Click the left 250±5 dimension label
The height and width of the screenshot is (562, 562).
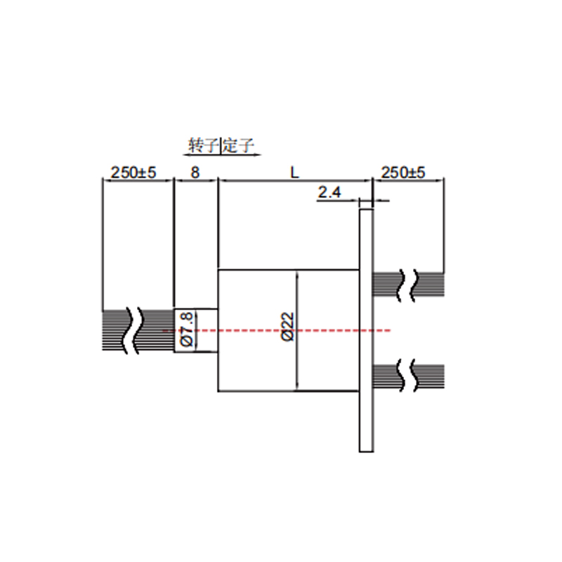[133, 172]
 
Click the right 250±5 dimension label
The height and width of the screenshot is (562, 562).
[403, 172]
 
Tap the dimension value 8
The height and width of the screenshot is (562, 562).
[195, 172]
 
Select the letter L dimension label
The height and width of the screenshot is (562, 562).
[294, 173]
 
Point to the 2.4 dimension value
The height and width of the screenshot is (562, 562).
[329, 192]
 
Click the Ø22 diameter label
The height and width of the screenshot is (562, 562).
[288, 327]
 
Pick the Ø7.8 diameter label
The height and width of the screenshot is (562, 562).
[187, 329]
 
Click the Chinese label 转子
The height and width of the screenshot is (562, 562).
[204, 145]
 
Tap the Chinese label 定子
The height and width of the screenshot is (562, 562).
[238, 145]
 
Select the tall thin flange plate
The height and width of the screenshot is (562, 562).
[366, 330]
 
